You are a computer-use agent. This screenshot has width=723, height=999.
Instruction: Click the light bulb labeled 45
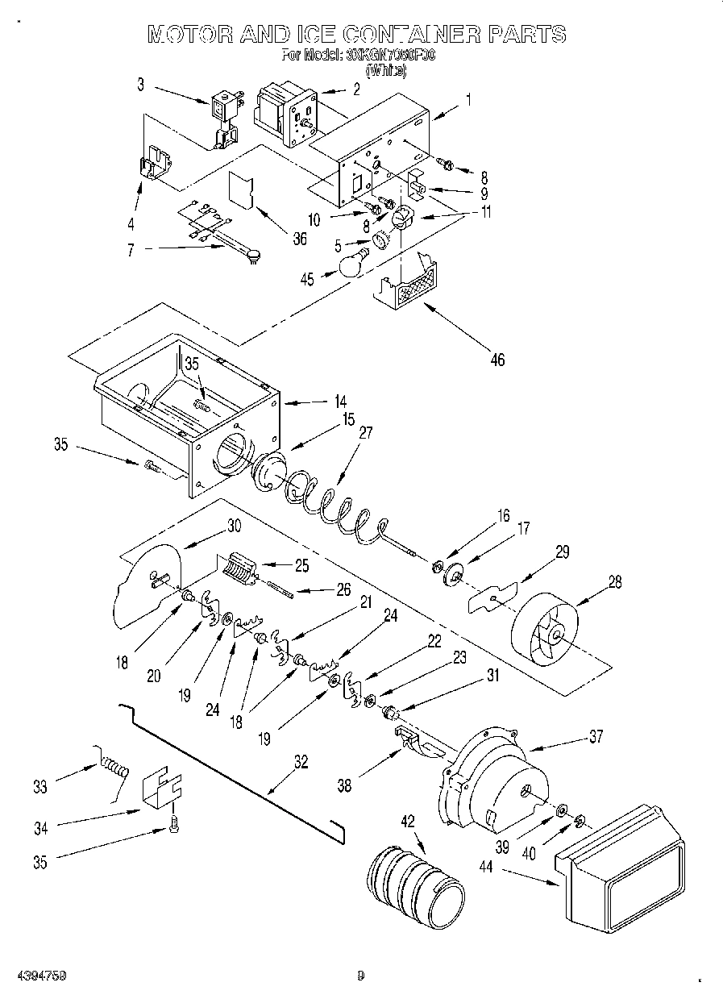(352, 264)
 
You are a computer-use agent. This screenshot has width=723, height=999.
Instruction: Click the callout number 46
(497, 360)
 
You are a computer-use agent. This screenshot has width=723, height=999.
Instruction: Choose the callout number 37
(595, 736)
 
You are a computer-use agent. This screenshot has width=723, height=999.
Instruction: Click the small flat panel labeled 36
(241, 190)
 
